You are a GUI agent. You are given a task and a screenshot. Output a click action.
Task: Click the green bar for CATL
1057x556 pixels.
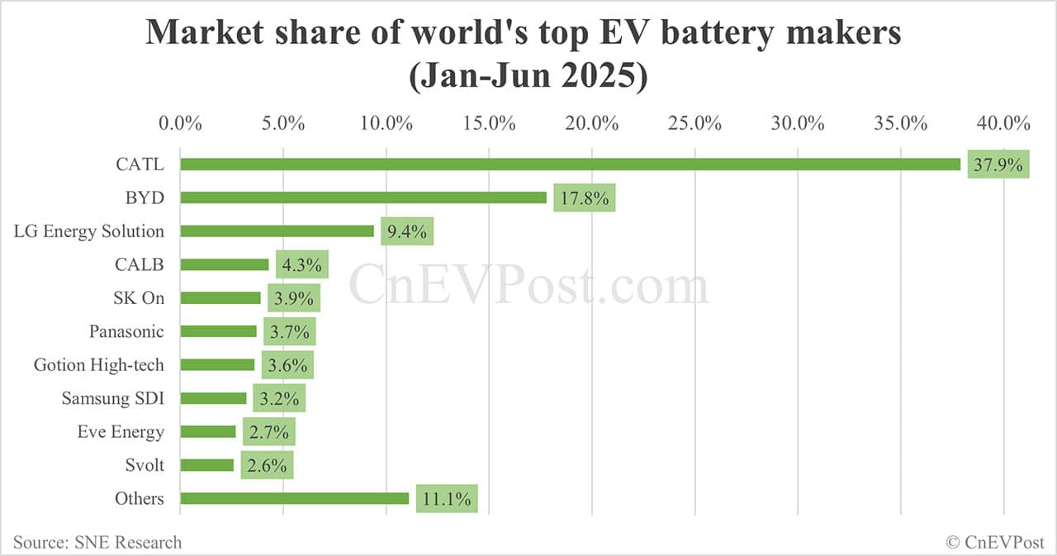pyautogui.click(x=570, y=164)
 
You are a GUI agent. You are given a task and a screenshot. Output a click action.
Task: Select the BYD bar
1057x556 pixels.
pyautogui.click(x=363, y=197)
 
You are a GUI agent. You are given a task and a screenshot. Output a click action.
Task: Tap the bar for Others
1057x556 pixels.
pyautogui.click(x=294, y=498)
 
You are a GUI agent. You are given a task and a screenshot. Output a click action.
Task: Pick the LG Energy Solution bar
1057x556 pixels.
pyautogui.click(x=277, y=231)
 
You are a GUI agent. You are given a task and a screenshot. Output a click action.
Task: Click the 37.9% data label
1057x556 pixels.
pyautogui.click(x=998, y=164)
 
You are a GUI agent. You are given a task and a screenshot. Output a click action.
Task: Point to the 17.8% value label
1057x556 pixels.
pyautogui.click(x=585, y=198)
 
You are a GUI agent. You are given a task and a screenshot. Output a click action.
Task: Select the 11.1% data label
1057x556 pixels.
pyautogui.click(x=447, y=499)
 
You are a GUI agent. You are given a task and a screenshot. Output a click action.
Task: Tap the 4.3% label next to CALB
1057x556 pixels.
pyautogui.click(x=302, y=265)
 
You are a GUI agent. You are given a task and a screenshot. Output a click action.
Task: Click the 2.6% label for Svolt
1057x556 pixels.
pyautogui.click(x=267, y=466)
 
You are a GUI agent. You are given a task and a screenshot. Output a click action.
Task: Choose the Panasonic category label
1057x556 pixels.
pyautogui.click(x=126, y=331)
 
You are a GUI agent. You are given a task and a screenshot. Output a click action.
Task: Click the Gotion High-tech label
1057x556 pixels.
pyautogui.click(x=98, y=365)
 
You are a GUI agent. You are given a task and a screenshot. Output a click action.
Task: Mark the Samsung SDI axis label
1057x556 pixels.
pyautogui.click(x=112, y=398)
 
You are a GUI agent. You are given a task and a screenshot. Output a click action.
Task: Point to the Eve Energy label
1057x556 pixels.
pyautogui.click(x=121, y=432)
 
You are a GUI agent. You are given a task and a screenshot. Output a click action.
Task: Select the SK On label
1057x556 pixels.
pyautogui.click(x=139, y=298)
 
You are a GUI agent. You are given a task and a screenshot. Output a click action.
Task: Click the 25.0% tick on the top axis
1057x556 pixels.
pyautogui.click(x=695, y=123)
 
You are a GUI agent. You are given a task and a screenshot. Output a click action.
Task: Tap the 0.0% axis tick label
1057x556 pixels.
pyautogui.click(x=180, y=123)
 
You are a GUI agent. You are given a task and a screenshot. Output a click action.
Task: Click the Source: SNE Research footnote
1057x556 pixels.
pyautogui.click(x=97, y=542)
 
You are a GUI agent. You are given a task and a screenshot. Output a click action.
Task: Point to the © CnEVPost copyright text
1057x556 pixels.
pyautogui.click(x=994, y=542)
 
